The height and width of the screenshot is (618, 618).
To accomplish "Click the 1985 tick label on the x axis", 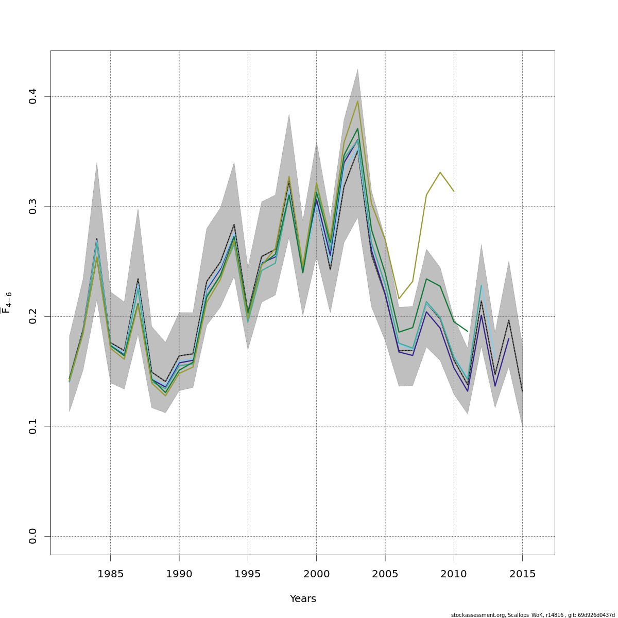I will click(x=111, y=574).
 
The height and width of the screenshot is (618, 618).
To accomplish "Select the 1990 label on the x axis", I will click(x=179, y=574).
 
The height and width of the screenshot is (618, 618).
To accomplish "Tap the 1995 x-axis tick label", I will click(x=248, y=574).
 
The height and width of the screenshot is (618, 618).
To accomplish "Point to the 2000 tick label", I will click(x=316, y=574).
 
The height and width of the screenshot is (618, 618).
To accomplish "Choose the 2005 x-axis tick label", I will click(x=385, y=574).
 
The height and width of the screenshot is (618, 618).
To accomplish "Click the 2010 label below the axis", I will click(x=454, y=574).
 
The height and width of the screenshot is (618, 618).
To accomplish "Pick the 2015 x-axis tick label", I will click(x=522, y=574).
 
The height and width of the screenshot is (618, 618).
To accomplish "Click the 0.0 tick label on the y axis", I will click(x=33, y=536).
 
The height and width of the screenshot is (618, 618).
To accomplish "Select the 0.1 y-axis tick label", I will click(x=33, y=426).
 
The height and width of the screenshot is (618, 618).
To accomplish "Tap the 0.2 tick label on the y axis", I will click(x=33, y=316).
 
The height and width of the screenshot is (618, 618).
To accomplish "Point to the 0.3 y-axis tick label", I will click(x=33, y=207).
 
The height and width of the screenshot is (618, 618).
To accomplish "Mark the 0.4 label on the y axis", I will click(x=33, y=96).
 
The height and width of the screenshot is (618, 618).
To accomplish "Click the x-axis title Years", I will click(x=303, y=599).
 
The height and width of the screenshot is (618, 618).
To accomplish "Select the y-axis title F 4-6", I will click(x=7, y=303).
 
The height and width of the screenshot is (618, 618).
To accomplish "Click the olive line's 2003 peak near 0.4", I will click(x=357, y=101).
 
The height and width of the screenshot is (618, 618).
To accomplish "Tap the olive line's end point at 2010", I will click(x=454, y=192).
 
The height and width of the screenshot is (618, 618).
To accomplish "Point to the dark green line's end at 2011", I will click(x=468, y=331).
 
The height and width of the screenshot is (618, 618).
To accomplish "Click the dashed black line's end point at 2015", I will click(x=522, y=392).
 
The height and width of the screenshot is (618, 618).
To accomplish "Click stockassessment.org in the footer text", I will click(x=478, y=615).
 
